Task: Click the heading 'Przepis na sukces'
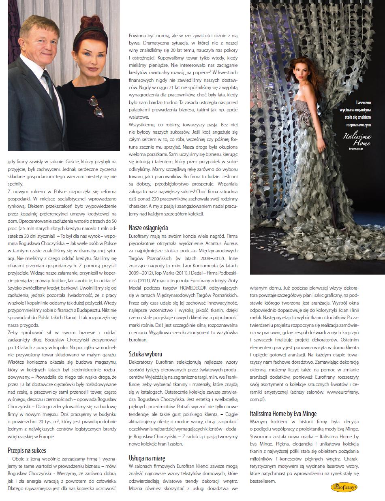pos(27,450)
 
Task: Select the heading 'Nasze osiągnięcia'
pos(148,228)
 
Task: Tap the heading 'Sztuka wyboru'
pos(145,354)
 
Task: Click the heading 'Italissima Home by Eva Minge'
pos(283,414)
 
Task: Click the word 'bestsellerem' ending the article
pos(263,481)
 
